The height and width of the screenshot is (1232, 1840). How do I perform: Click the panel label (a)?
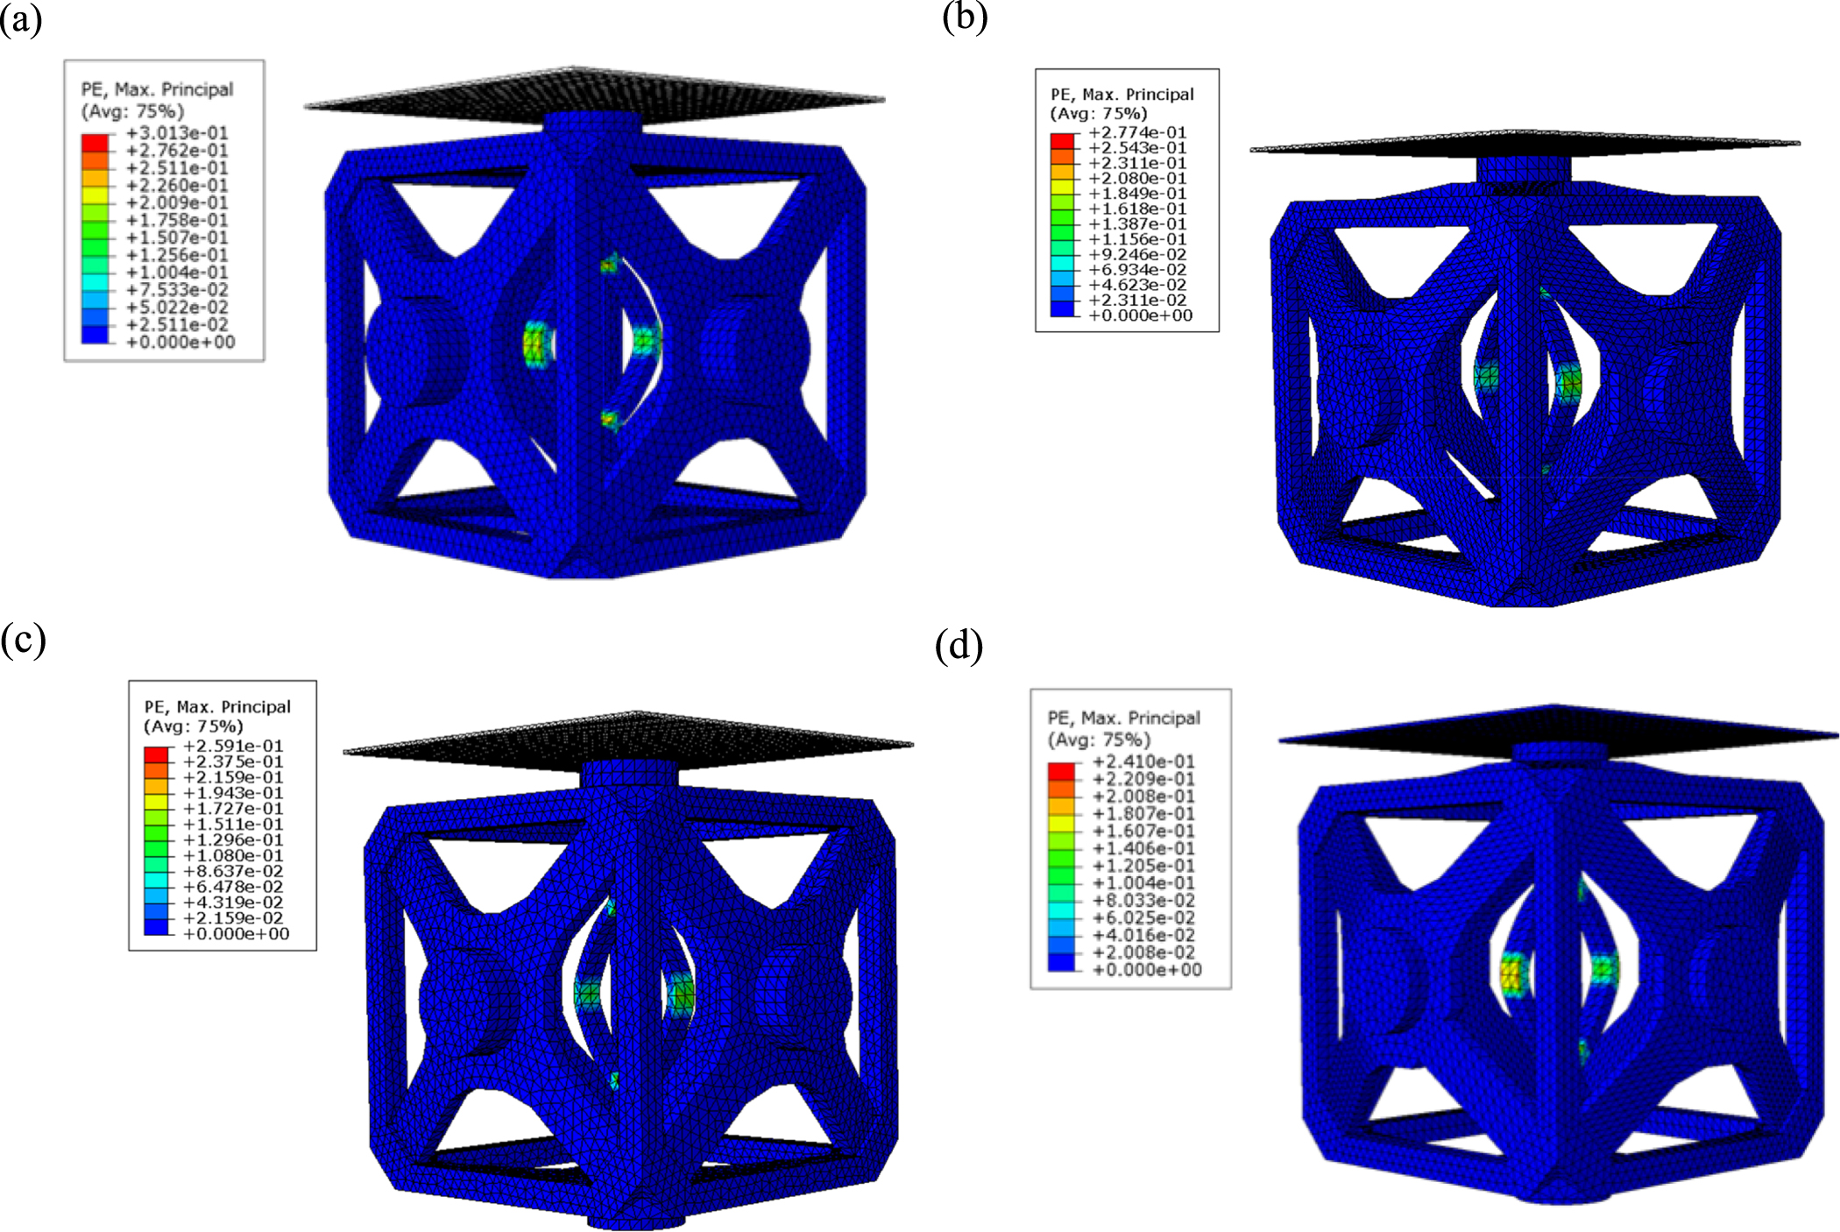[21, 19]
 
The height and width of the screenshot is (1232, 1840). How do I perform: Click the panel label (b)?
[965, 17]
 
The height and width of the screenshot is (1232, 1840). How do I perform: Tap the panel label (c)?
[23, 641]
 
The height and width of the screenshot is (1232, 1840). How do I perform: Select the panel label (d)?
[959, 646]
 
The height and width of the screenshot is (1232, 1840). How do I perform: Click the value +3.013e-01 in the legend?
[177, 133]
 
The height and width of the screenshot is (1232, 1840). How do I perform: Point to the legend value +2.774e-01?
[1137, 132]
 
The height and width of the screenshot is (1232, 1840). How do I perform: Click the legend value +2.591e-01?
[233, 746]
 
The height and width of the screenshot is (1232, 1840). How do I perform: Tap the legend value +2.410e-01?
[1143, 761]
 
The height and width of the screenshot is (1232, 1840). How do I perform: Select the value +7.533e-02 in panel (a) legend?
[177, 290]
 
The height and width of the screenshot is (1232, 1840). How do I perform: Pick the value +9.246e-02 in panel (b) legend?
[1137, 254]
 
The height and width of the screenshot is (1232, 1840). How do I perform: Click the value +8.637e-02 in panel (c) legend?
[233, 871]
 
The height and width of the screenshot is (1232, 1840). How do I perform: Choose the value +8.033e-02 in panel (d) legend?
[1143, 901]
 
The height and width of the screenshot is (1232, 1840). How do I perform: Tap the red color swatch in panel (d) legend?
[1061, 771]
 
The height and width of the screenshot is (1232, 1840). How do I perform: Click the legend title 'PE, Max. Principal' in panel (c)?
[217, 707]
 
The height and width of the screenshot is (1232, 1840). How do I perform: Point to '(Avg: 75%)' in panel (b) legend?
[1098, 114]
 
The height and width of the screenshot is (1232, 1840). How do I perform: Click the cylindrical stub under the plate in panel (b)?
[1525, 171]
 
